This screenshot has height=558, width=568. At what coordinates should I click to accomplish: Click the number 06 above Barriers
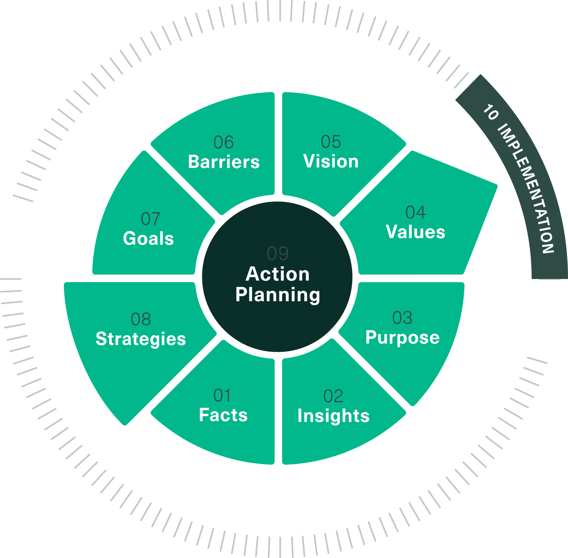[224, 142]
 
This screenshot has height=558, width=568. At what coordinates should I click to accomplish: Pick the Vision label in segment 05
[331, 161]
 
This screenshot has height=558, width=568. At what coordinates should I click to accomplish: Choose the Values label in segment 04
[415, 232]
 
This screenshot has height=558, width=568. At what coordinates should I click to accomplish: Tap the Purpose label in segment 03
[403, 337]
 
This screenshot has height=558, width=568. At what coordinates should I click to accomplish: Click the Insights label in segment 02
[333, 415]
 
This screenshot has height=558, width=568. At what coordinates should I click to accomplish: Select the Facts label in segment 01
[223, 415]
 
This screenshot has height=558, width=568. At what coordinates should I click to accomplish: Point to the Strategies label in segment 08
[141, 339]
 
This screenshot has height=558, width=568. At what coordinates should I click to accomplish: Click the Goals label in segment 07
[148, 238]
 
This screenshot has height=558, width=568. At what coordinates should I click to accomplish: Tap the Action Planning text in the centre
[278, 284]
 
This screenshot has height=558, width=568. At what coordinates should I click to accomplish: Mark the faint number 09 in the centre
[278, 253]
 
